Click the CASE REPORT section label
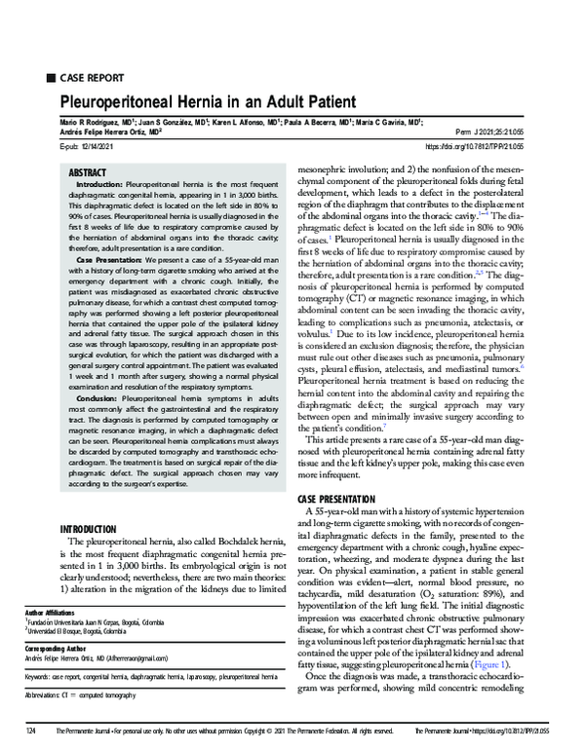point(92,77)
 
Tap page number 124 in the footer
point(30,731)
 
